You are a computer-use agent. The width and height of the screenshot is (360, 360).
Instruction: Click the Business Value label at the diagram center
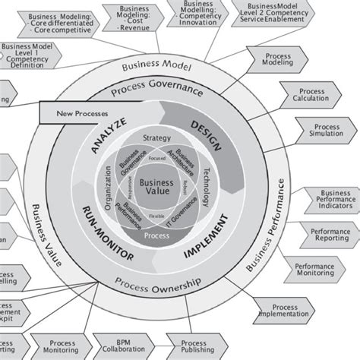click(156, 187)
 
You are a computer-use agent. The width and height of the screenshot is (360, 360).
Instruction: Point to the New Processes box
click(74, 115)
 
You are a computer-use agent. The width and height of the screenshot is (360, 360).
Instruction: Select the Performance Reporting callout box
click(323, 233)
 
